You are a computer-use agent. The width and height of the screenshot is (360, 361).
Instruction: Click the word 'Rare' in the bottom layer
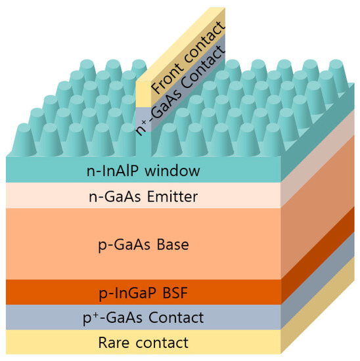click(x=114, y=342)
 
